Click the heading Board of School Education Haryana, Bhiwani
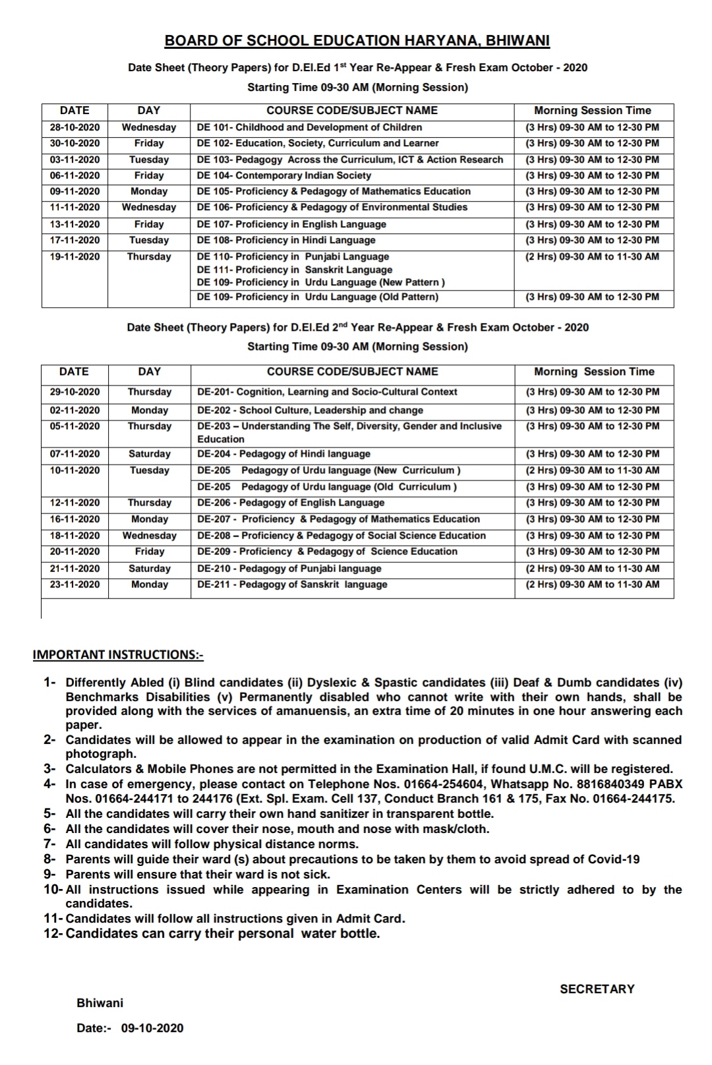click(357, 41)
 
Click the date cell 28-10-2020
click(74, 127)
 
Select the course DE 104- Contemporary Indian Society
click(283, 175)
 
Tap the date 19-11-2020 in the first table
click(74, 256)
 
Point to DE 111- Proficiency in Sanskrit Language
click(294, 270)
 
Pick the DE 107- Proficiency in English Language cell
click(291, 224)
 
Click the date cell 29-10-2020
click(74, 391)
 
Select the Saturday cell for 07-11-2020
click(150, 453)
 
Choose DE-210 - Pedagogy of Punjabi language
click(289, 568)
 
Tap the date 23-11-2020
click(74, 584)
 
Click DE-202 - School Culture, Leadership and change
click(310, 410)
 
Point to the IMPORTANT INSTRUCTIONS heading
click(118, 654)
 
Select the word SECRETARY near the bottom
click(597, 989)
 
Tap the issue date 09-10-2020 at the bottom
click(152, 1028)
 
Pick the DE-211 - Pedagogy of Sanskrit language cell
click(292, 584)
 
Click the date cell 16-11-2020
click(74, 519)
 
